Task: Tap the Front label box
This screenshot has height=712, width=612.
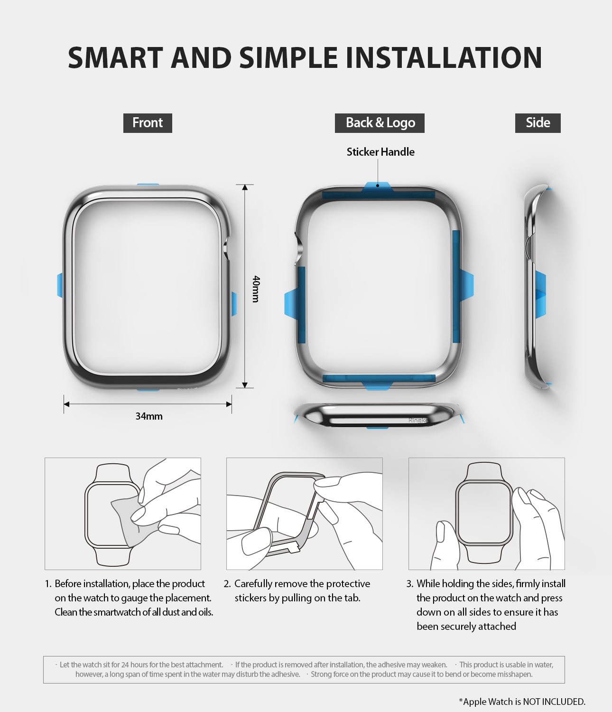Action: click(148, 123)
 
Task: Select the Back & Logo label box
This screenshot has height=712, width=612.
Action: click(380, 123)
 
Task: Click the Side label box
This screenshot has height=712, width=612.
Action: click(538, 123)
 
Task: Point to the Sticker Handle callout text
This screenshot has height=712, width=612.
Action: click(380, 152)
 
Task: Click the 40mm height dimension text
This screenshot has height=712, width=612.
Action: click(256, 289)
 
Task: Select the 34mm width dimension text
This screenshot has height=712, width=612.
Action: click(149, 416)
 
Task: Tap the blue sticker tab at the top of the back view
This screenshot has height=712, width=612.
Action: click(377, 187)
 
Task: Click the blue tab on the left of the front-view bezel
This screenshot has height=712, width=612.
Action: click(60, 285)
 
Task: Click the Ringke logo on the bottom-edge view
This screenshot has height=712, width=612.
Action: click(418, 421)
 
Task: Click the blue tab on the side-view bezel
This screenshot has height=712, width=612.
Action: click(540, 294)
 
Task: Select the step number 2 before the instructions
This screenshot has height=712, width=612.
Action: click(227, 584)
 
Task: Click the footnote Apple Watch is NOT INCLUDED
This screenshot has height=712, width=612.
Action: click(522, 702)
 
